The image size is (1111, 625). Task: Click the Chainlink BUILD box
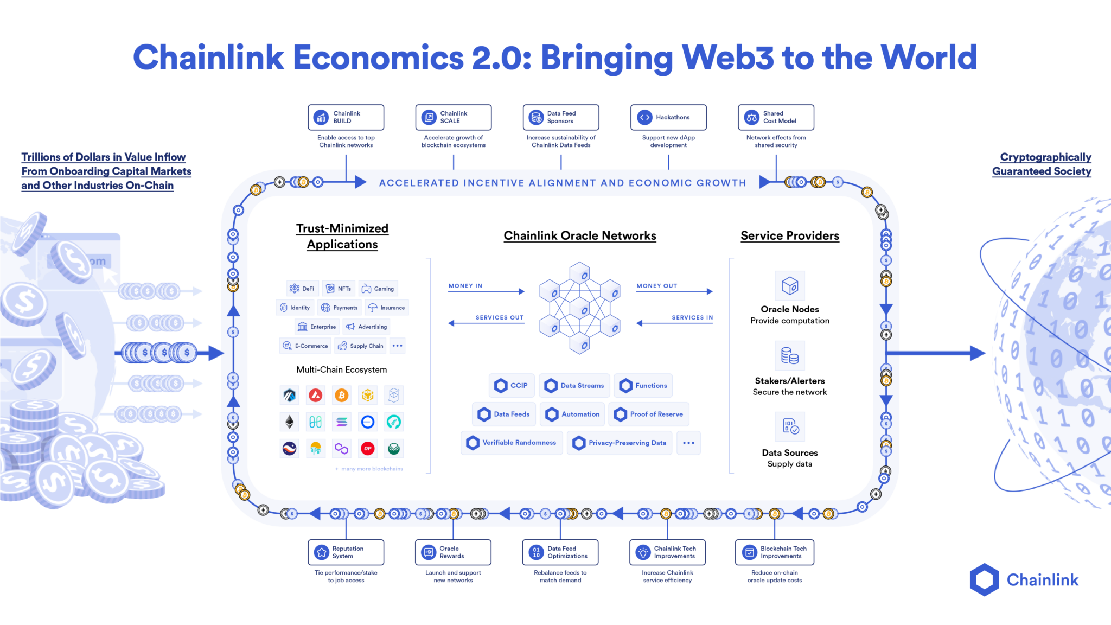(x=346, y=117)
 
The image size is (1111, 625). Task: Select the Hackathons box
(x=668, y=117)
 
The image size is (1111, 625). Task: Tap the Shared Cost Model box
(x=776, y=117)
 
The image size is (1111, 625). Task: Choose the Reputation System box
(x=346, y=552)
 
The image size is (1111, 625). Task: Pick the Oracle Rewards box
(x=453, y=552)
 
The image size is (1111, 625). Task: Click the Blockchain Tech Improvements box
(x=775, y=552)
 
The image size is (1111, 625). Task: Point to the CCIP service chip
(x=512, y=386)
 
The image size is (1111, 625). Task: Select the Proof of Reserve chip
(x=649, y=414)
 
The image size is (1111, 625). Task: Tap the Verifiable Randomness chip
(x=512, y=443)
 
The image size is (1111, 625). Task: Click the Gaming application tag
(x=378, y=289)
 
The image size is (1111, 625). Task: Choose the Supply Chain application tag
(x=360, y=346)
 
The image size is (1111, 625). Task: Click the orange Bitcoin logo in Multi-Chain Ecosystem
(x=341, y=396)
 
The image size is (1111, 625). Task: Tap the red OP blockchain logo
(x=368, y=449)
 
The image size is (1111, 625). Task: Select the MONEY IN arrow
(x=486, y=291)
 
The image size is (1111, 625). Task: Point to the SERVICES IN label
(x=692, y=317)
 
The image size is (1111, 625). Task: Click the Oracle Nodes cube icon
(x=790, y=285)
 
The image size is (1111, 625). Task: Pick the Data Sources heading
(x=790, y=453)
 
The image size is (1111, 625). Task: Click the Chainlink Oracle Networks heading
(x=580, y=235)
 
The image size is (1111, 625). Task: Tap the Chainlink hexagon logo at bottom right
(x=984, y=580)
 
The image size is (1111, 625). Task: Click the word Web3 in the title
(x=727, y=58)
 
